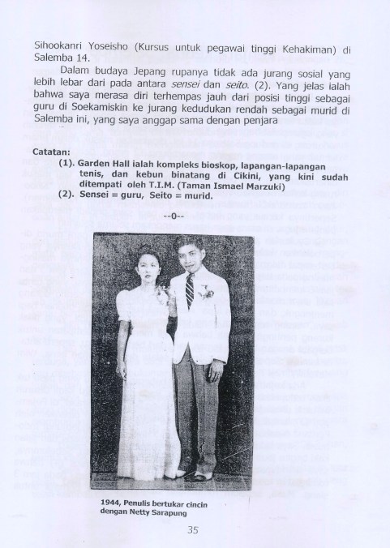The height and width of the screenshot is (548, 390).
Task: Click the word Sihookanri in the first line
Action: click(60, 49)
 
